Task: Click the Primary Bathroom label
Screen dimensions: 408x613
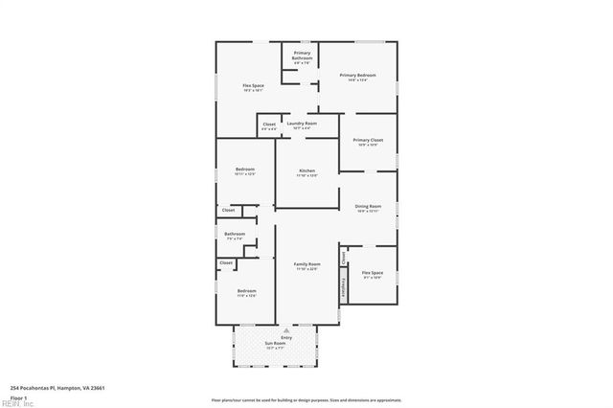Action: (x=302, y=57)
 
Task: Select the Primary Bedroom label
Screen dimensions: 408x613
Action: (x=357, y=76)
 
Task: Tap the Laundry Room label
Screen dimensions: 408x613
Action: (x=301, y=124)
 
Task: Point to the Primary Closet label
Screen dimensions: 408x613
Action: (x=368, y=141)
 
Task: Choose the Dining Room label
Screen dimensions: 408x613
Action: (x=368, y=206)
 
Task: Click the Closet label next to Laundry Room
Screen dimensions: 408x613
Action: (x=269, y=124)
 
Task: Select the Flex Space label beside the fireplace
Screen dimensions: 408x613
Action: (x=373, y=273)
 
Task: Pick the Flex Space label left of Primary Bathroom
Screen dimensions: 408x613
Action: (x=253, y=86)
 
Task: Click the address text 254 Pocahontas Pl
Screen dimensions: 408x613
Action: (x=57, y=388)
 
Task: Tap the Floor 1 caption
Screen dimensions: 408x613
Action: (x=17, y=397)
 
